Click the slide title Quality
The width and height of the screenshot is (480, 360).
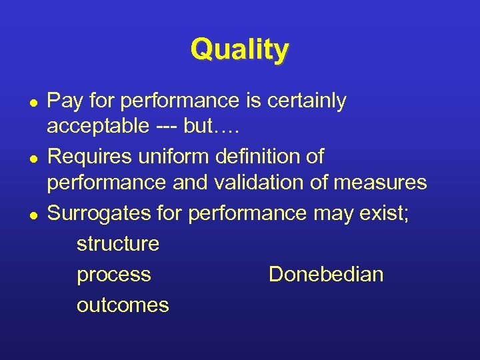tap(239, 50)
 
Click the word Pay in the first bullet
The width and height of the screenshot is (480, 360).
tap(65, 101)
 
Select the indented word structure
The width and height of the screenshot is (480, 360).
tap(118, 243)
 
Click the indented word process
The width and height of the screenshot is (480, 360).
tap(114, 274)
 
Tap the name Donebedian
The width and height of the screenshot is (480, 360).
tap(326, 274)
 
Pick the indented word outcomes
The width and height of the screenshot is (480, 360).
tap(123, 305)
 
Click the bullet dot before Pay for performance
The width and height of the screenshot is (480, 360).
tap(32, 102)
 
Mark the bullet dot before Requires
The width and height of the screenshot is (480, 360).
tap(32, 158)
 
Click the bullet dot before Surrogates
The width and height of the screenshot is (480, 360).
tap(32, 214)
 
